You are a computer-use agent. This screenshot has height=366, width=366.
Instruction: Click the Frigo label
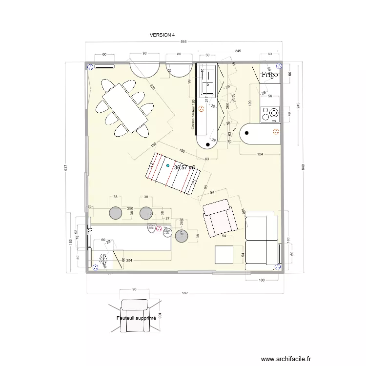click(x=269, y=75)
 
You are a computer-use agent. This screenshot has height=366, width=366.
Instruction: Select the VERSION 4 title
click(x=162, y=35)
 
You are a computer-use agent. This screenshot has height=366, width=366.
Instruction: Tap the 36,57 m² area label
click(x=185, y=167)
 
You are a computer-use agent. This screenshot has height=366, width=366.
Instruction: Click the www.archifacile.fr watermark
click(x=286, y=358)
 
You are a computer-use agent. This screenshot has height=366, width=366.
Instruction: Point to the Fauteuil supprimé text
click(x=136, y=318)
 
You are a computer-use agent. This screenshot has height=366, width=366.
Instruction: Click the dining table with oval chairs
click(x=125, y=108)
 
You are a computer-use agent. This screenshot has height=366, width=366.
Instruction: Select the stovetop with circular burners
click(x=270, y=114)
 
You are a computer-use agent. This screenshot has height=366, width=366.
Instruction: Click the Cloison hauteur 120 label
click(x=193, y=115)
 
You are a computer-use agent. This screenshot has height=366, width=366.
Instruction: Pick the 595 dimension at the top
click(x=183, y=42)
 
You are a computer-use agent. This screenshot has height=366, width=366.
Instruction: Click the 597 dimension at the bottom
click(x=184, y=293)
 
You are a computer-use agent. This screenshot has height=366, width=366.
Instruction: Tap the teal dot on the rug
click(x=168, y=166)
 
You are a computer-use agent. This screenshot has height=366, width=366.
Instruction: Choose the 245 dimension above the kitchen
click(x=238, y=51)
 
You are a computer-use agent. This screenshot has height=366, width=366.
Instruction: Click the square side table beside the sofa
click(x=224, y=255)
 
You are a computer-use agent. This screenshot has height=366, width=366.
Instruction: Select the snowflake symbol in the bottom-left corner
click(x=103, y=260)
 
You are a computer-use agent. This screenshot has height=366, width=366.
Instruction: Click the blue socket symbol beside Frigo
click(x=278, y=65)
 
